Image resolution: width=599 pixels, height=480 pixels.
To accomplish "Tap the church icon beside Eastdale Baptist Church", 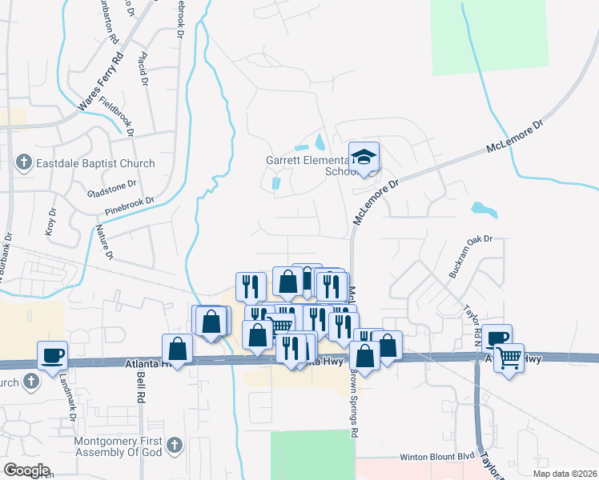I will click(x=24, y=164).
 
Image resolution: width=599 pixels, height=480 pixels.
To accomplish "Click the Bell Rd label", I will click(x=140, y=386).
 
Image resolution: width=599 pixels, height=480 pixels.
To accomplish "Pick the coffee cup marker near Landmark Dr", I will click(x=52, y=354).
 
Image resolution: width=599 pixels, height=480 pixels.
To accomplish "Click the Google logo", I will click(x=26, y=470).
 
